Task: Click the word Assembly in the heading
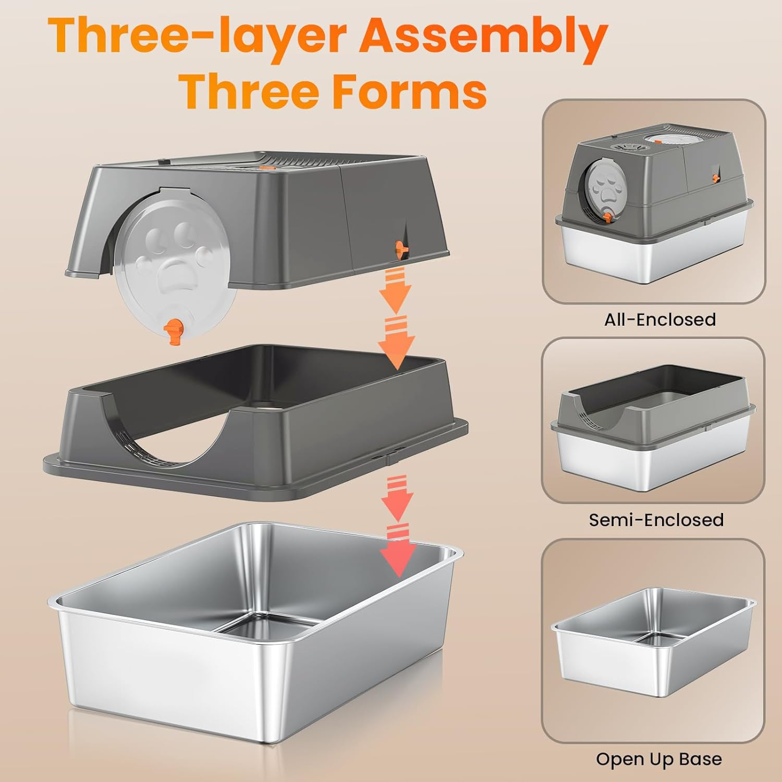click(483, 35)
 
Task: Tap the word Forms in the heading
click(409, 91)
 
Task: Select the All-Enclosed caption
click(659, 319)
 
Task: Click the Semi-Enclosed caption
click(656, 520)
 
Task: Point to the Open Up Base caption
click(659, 759)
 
